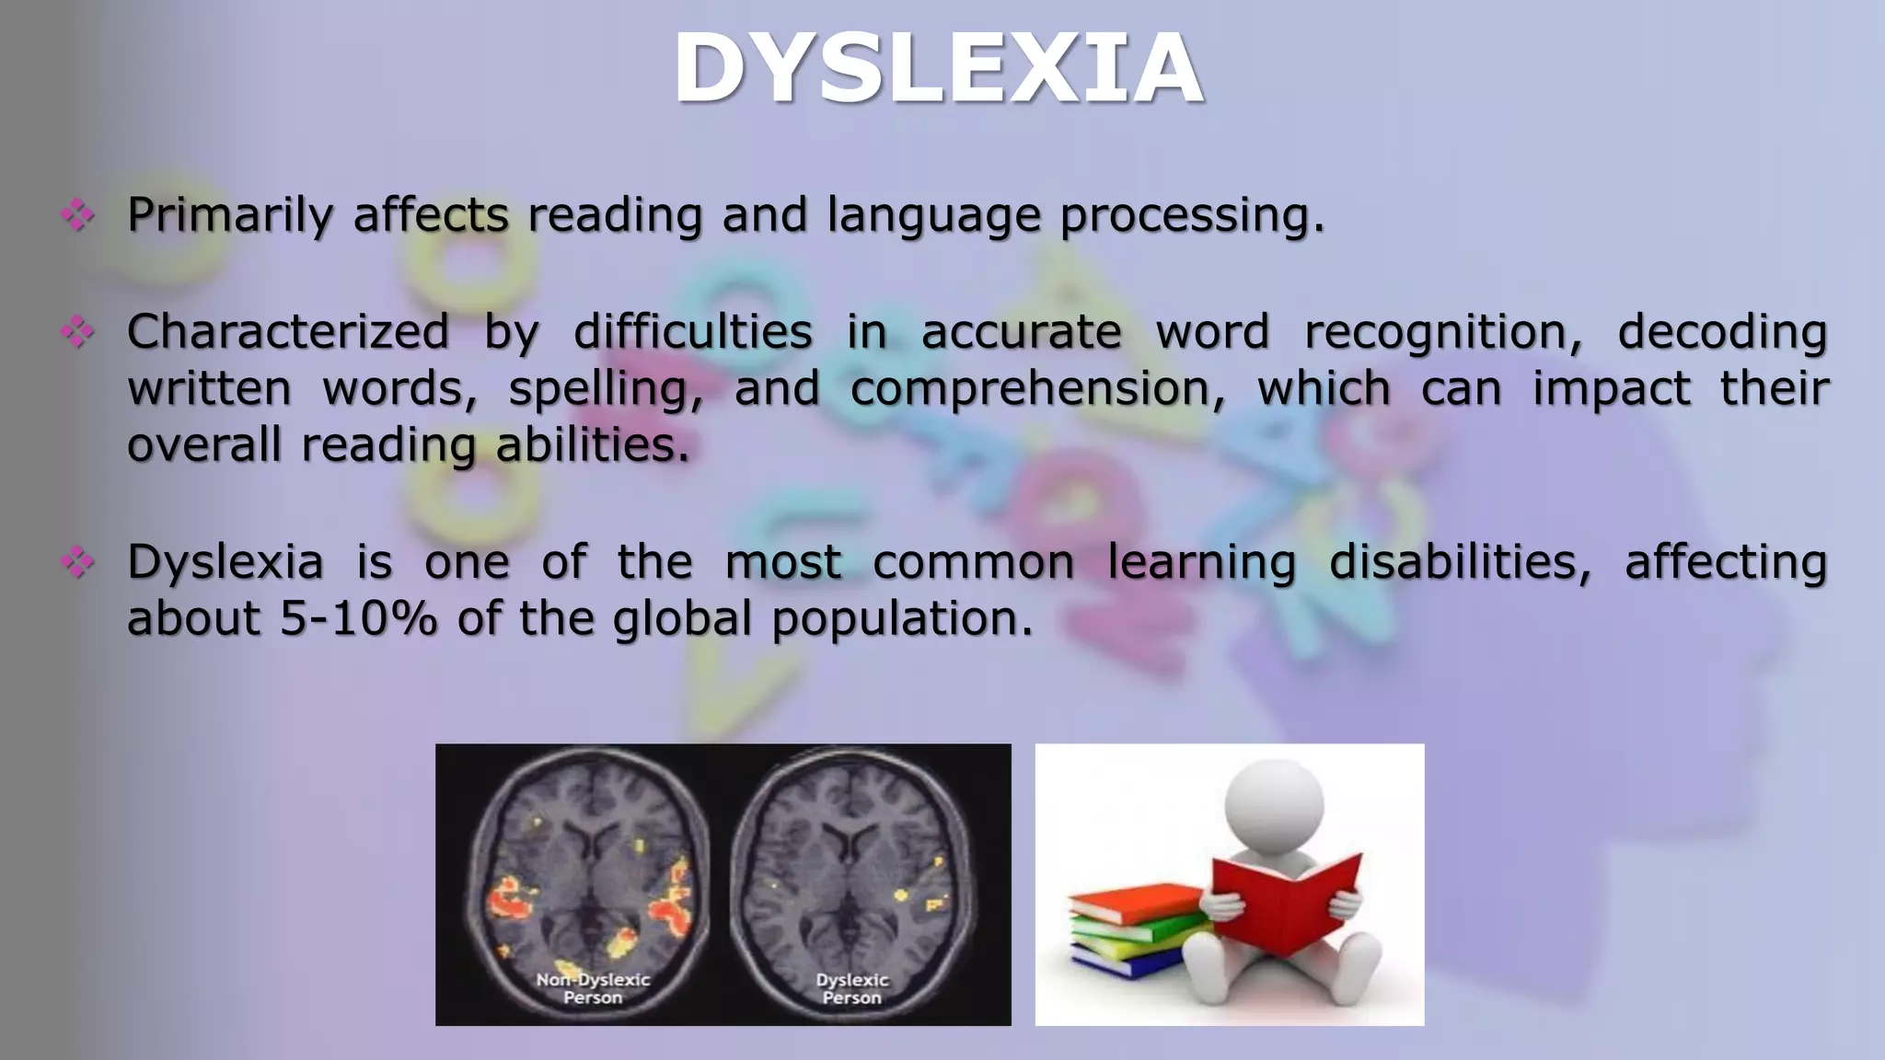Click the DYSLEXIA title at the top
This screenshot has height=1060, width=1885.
[939, 69]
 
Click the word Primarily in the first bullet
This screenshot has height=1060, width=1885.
[229, 215]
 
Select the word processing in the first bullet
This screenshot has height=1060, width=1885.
[1191, 215]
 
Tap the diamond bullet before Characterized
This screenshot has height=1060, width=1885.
[77, 331]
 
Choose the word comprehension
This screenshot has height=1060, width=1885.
[1037, 389]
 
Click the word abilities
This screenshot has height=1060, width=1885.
[592, 445]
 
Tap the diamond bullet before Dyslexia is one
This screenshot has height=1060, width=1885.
[77, 561]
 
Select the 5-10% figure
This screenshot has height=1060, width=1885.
[358, 618]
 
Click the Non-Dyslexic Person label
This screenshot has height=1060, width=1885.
[593, 989]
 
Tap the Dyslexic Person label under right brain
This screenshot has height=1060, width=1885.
[851, 989]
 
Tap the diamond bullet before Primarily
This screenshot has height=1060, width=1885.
[77, 215]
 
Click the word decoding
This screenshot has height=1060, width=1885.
[1721, 332]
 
